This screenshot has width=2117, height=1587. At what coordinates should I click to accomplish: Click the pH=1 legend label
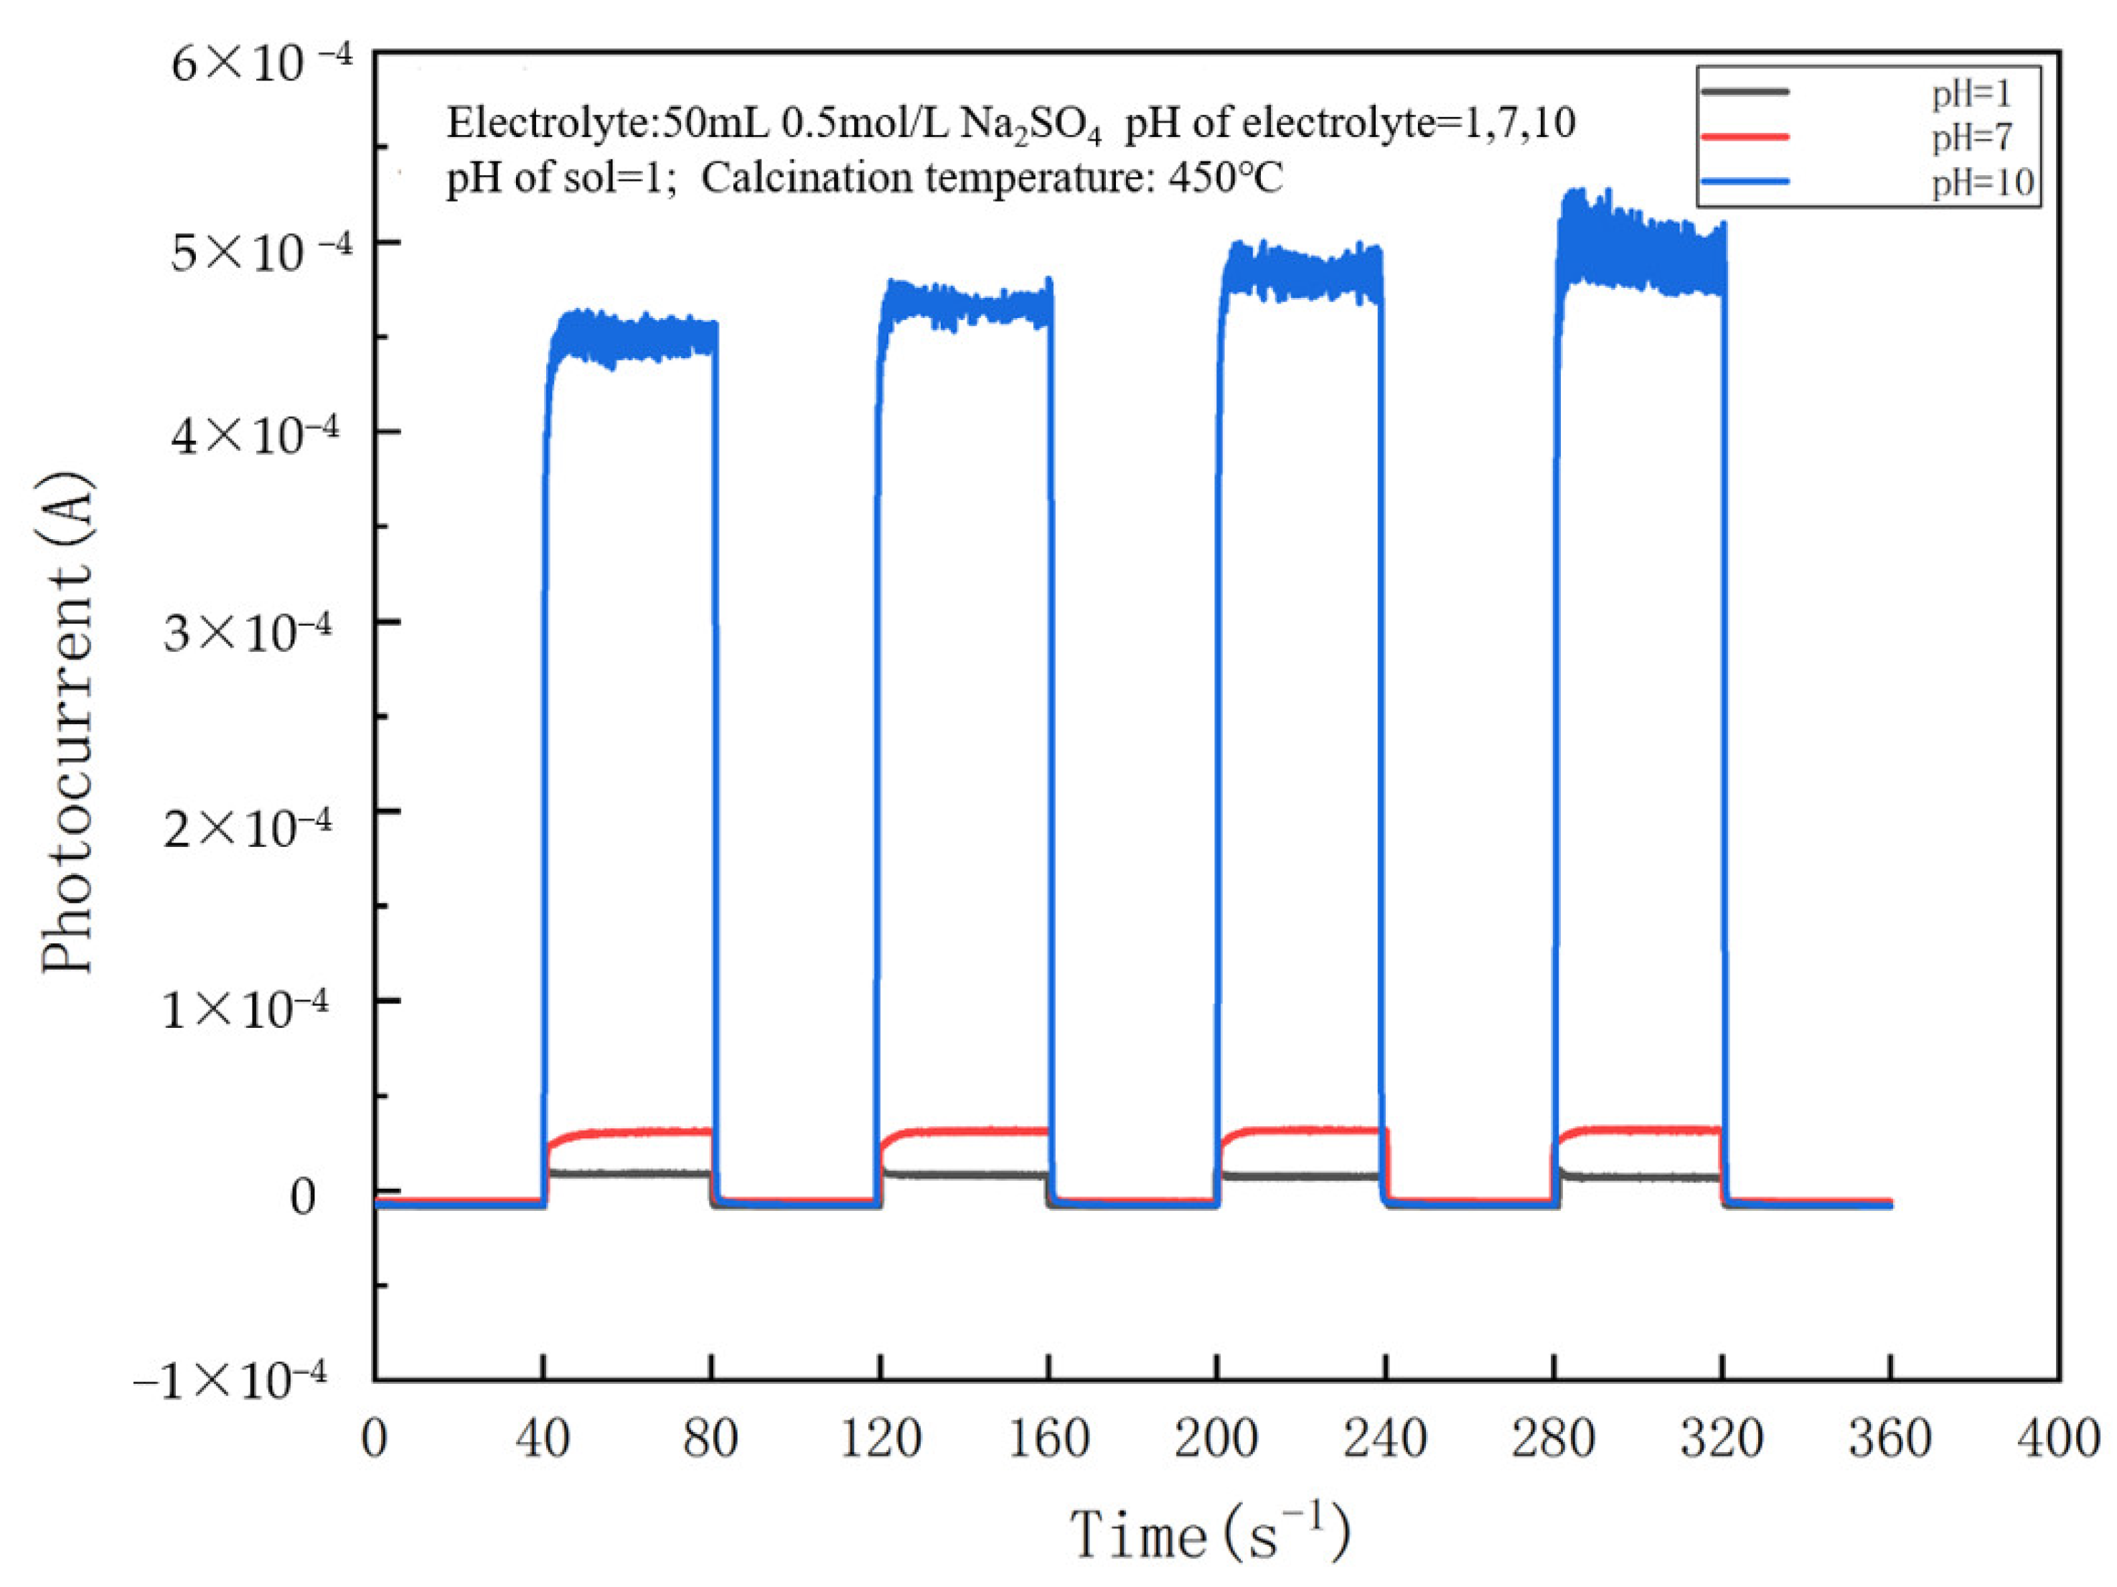tap(1971, 94)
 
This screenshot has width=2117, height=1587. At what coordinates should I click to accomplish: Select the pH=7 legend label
tap(1971, 138)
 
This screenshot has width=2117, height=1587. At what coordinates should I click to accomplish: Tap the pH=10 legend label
tap(1981, 182)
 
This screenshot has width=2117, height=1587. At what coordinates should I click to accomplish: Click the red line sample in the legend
tap(1745, 137)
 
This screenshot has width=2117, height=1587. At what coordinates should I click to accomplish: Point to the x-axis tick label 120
tap(880, 1438)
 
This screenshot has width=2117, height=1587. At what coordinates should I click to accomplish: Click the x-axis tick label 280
tap(1553, 1438)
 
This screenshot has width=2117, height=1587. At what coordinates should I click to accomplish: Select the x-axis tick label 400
tap(2057, 1438)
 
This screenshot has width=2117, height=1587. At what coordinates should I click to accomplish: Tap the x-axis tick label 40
tap(543, 1438)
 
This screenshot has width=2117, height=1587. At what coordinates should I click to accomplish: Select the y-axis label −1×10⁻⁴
tap(230, 1380)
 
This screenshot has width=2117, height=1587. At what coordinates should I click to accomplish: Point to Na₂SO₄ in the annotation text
tap(1030, 124)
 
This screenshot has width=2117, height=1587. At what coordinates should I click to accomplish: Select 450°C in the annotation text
tap(1224, 178)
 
